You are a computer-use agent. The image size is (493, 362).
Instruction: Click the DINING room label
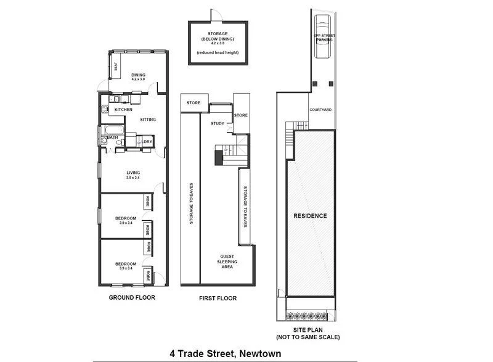tap(138, 75)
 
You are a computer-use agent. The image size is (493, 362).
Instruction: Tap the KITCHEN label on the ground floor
tap(123, 110)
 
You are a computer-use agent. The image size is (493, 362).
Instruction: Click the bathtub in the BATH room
tap(113, 130)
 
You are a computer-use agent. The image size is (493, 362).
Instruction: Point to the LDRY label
tap(146, 142)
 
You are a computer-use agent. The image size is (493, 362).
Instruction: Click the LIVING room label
tap(133, 172)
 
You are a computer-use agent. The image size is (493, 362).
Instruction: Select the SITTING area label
tap(148, 120)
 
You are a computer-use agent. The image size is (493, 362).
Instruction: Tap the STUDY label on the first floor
tap(217, 123)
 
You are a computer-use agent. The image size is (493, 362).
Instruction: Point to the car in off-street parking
tap(322, 38)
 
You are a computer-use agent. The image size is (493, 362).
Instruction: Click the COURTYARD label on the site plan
tap(320, 110)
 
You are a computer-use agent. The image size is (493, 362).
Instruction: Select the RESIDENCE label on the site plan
tap(310, 216)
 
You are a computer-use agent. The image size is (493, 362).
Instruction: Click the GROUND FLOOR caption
tap(132, 297)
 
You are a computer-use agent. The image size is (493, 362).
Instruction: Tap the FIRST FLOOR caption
tap(218, 298)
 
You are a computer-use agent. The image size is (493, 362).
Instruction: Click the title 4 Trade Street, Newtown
tap(226, 353)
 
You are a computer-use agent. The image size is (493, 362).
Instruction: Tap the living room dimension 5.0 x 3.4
tap(133, 178)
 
